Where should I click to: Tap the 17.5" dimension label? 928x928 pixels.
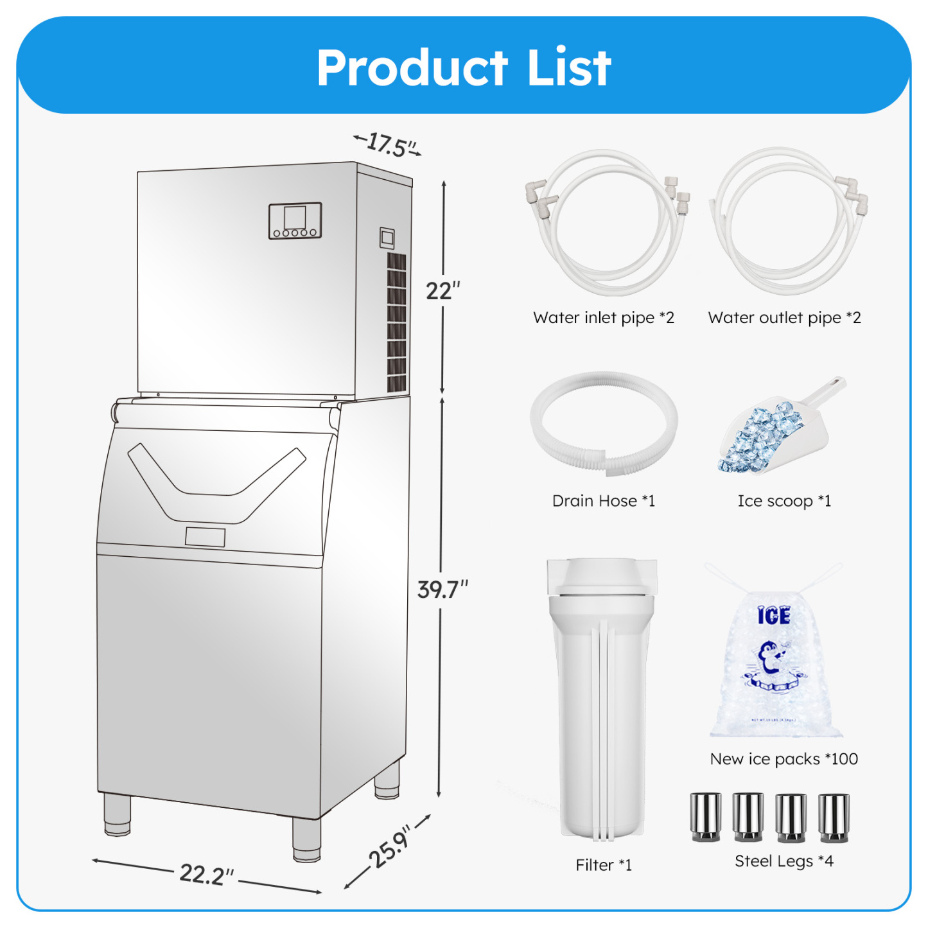tap(387, 144)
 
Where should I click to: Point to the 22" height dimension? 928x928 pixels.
tap(442, 291)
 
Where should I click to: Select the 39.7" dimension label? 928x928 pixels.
tap(442, 589)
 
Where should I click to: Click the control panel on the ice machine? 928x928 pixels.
tap(295, 220)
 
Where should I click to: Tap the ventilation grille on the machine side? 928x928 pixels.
tap(396, 322)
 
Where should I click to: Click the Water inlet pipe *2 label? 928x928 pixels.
tap(604, 318)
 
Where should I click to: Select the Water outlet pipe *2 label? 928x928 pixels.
tap(784, 318)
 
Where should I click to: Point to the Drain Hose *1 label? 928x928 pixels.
tap(604, 501)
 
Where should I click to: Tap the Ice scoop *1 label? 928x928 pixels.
tap(784, 501)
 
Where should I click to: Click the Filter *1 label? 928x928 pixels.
tap(604, 865)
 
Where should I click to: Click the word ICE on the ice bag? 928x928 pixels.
tap(774, 616)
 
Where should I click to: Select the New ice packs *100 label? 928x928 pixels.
tap(784, 759)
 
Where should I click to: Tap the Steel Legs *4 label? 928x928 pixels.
tap(784, 861)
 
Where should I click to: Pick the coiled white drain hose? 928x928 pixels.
tap(604, 423)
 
